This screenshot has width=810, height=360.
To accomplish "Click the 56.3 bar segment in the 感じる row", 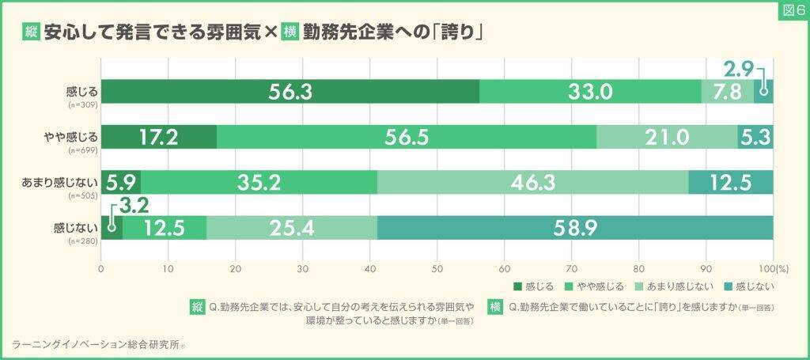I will point(290,92).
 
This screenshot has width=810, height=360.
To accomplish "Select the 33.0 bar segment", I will point(590,92).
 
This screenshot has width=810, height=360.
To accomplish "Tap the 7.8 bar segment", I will point(728,92).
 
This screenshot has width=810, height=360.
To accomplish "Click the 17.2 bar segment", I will point(158,137).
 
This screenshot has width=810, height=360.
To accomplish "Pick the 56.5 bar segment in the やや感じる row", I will point(407,137).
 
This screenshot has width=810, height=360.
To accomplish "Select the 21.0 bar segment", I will point(667,137).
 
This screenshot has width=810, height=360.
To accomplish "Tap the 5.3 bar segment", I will point(755,137).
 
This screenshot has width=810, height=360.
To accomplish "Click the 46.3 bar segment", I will point(533,182).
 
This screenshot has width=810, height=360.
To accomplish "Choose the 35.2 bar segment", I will point(259,182).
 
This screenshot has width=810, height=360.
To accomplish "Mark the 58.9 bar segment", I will point(575,227).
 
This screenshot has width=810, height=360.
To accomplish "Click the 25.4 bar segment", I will point(292,227).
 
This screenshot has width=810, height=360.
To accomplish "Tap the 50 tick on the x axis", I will point(437,268).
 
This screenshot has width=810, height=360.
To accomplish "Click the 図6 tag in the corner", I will point(792,11).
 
